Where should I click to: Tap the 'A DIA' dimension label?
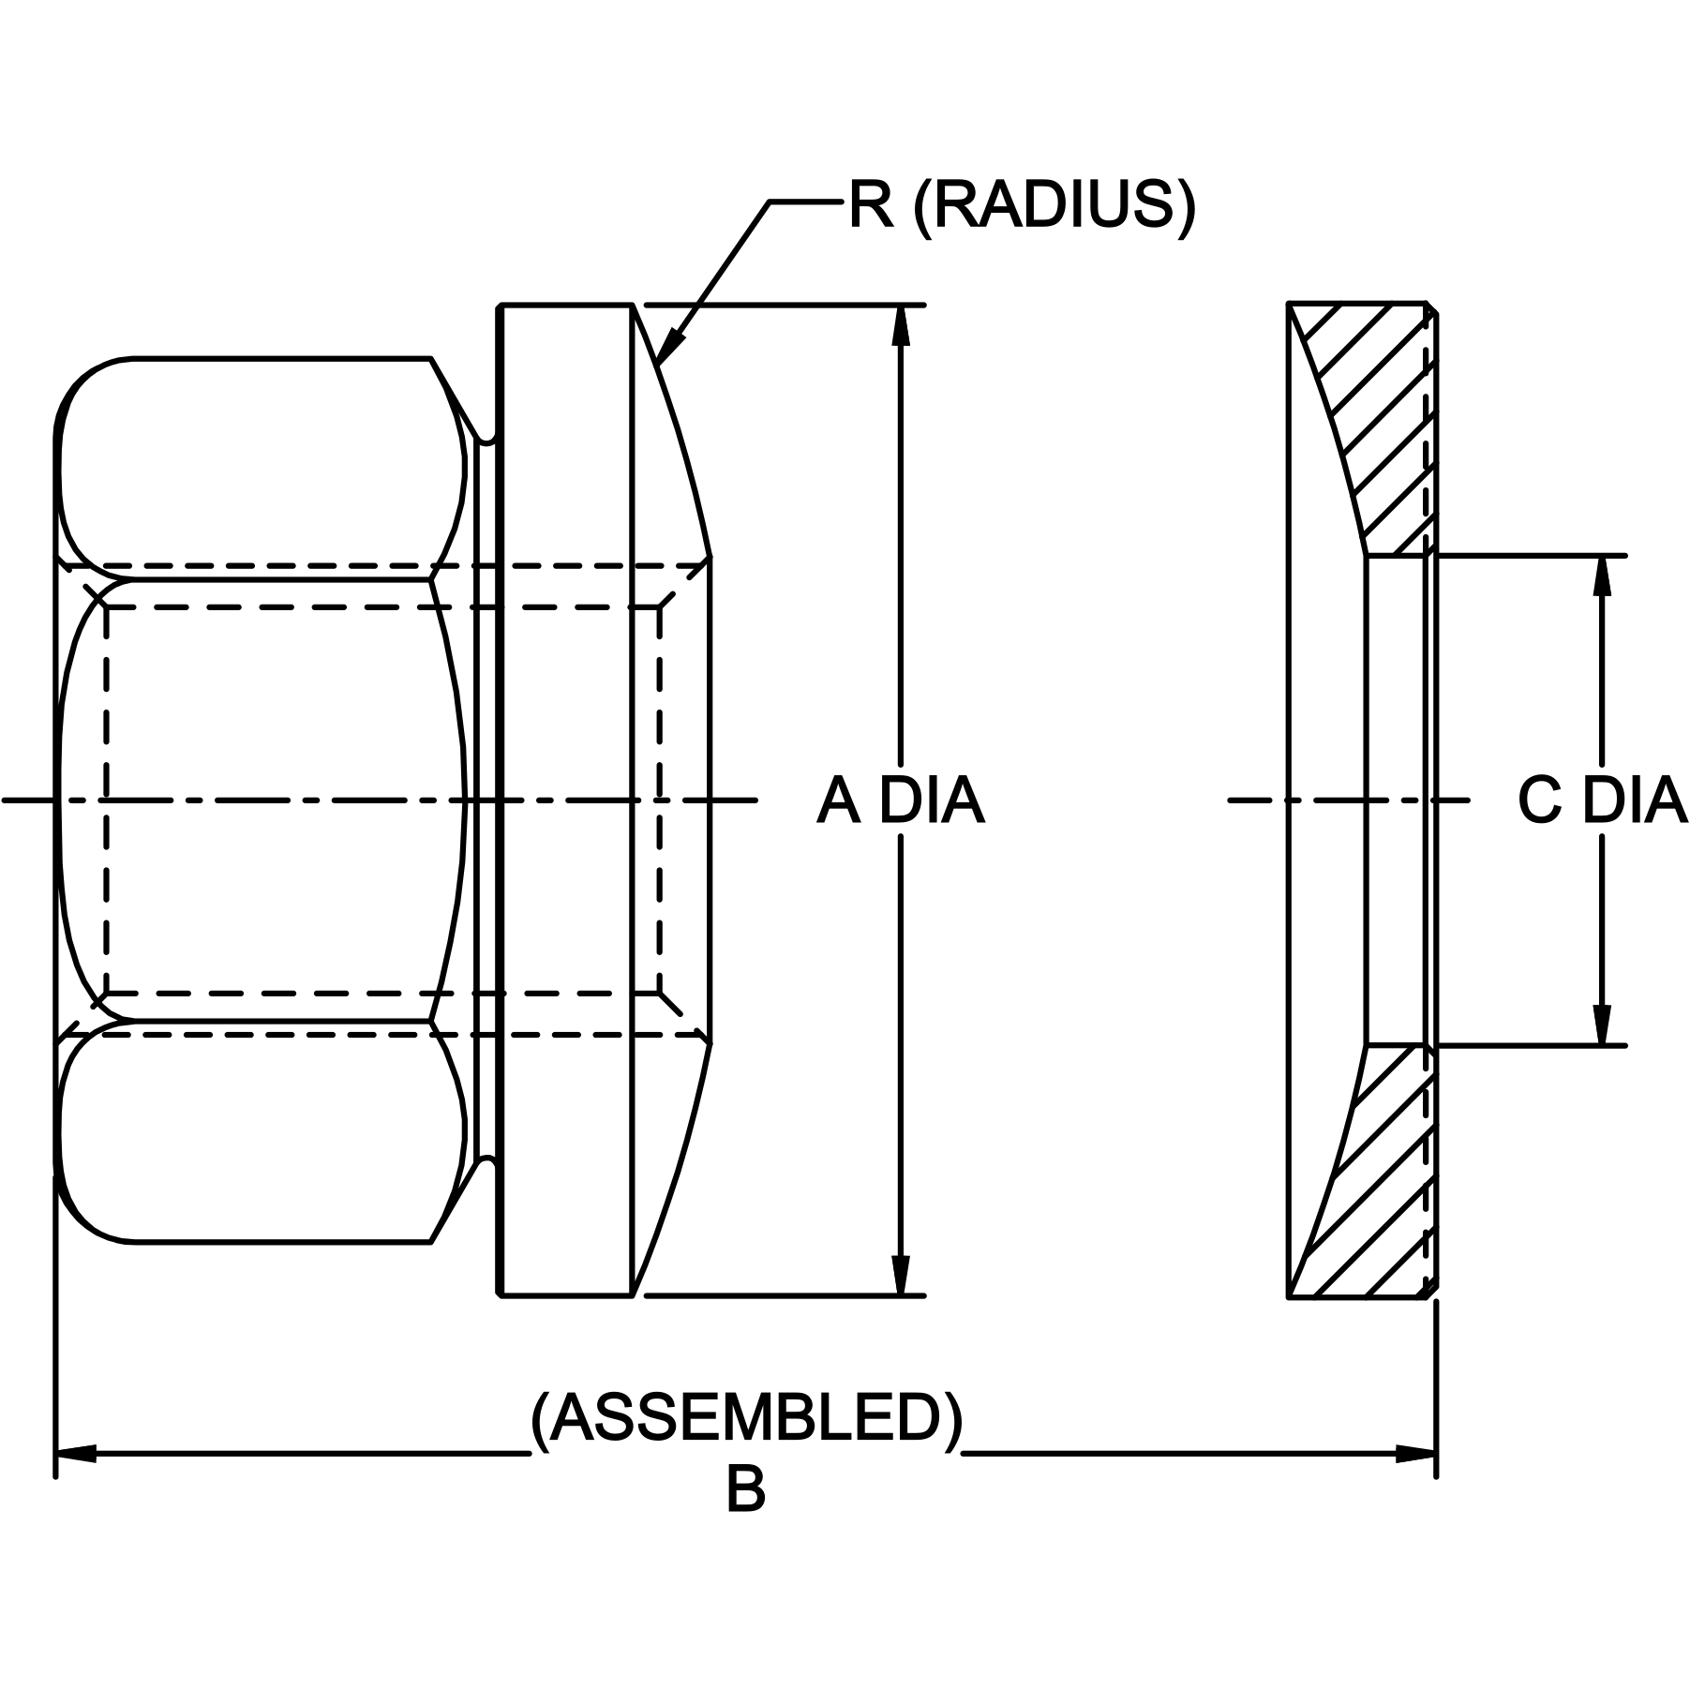click(901, 801)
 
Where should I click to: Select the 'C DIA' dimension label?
click(1602, 801)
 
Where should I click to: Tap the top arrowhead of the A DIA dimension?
click(901, 325)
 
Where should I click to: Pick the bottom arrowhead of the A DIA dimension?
click(901, 1276)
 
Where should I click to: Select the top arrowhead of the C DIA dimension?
click(1602, 576)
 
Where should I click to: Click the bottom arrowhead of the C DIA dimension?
click(1602, 1024)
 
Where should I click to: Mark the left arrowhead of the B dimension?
click(77, 1454)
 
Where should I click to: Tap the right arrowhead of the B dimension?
click(1415, 1454)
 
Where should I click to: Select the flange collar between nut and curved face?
click(565, 800)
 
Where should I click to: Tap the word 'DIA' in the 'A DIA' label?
click(932, 801)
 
